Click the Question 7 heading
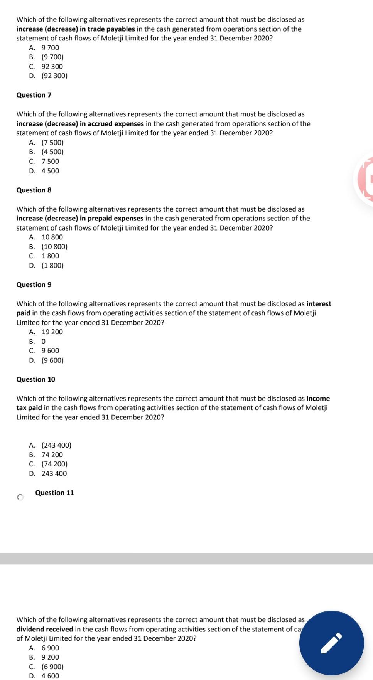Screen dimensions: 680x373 pyautogui.click(x=34, y=95)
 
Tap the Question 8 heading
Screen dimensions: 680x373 pyautogui.click(x=34, y=190)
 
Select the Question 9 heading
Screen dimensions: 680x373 pyautogui.click(x=34, y=284)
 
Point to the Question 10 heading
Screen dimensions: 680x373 pyautogui.click(x=35, y=379)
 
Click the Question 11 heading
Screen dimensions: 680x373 pyautogui.click(x=54, y=493)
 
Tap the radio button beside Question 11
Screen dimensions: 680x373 pyautogui.click(x=20, y=498)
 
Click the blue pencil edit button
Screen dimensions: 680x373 pyautogui.click(x=331, y=643)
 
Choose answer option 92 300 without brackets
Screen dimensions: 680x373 pyautogui.click(x=52, y=66)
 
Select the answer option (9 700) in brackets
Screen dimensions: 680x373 pyautogui.click(x=52, y=57)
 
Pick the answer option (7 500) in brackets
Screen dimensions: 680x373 pyautogui.click(x=52, y=143)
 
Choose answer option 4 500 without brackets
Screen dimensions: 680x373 pyautogui.click(x=50, y=171)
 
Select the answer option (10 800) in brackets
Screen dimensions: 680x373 pyautogui.click(x=54, y=247)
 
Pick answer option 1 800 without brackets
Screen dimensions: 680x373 pyautogui.click(x=50, y=256)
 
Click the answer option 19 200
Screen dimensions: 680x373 pyautogui.click(x=52, y=332)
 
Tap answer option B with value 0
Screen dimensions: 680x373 pyautogui.click(x=43, y=342)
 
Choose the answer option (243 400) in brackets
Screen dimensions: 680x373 pyautogui.click(x=56, y=445)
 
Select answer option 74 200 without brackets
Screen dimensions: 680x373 pyautogui.click(x=52, y=455)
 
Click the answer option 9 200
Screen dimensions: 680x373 pyautogui.click(x=50, y=657)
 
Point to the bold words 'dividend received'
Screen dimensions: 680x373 pyautogui.click(x=45, y=629)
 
